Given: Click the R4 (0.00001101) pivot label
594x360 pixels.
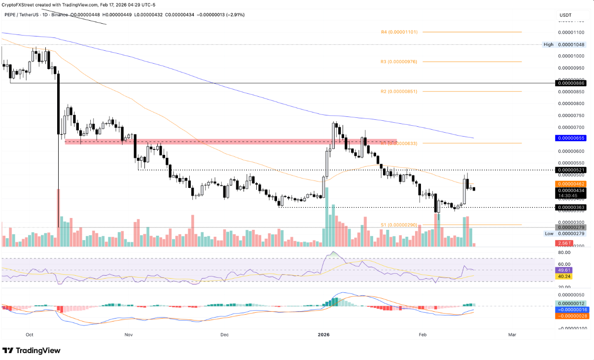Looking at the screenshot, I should pyautogui.click(x=399, y=32).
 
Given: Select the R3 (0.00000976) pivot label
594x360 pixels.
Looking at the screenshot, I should pyautogui.click(x=399, y=62).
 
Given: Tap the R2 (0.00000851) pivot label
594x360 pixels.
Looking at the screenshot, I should pyautogui.click(x=399, y=92).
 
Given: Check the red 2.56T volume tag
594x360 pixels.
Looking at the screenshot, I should pyautogui.click(x=564, y=244).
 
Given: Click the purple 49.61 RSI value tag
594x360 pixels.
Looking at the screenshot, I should pyautogui.click(x=563, y=270).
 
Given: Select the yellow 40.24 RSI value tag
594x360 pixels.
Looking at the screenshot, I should pyautogui.click(x=563, y=277).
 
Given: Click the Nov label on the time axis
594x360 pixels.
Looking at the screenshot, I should pyautogui.click(x=129, y=334).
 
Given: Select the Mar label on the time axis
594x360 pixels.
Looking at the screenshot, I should pyautogui.click(x=512, y=334).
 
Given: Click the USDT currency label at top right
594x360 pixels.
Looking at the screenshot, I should pyautogui.click(x=565, y=15).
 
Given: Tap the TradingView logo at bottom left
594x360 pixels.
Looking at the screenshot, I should pyautogui.click(x=32, y=351).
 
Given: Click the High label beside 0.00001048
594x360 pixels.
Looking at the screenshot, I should pyautogui.click(x=548, y=44).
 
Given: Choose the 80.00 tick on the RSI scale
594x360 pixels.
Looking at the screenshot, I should pyautogui.click(x=563, y=253).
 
